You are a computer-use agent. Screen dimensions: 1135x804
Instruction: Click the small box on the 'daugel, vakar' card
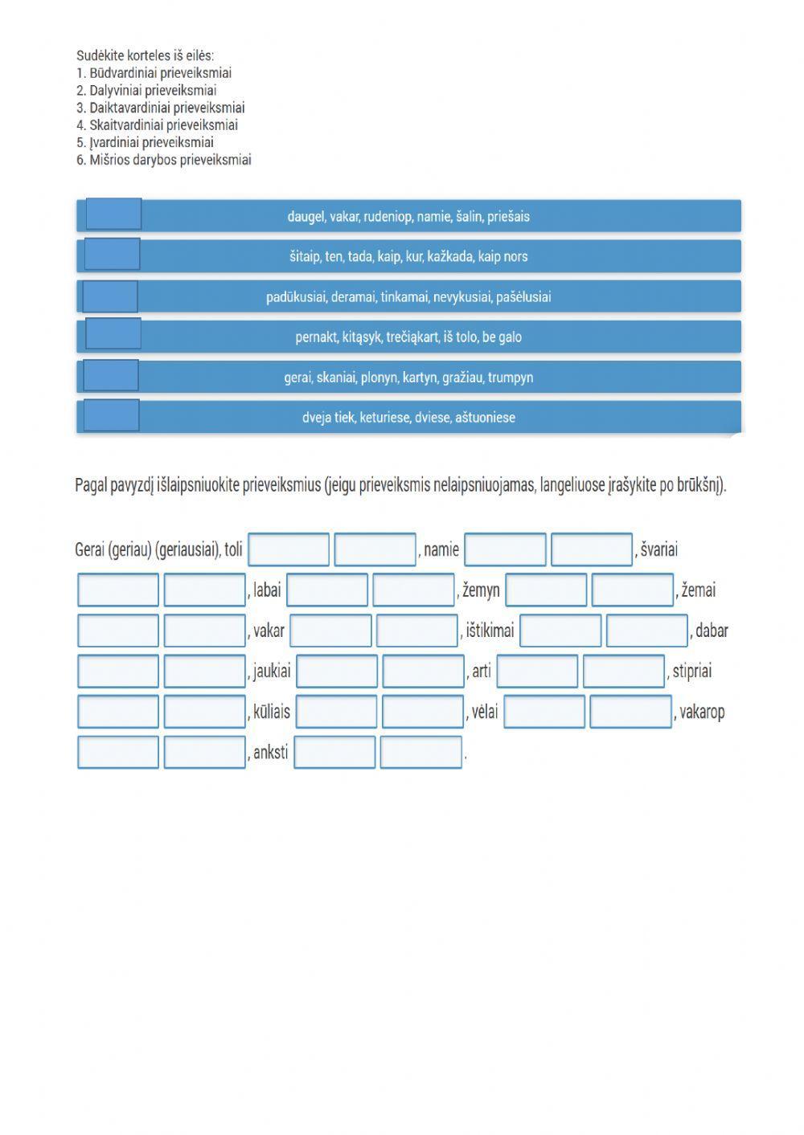point(113,214)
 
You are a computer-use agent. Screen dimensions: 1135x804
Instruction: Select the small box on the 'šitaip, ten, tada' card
point(112,254)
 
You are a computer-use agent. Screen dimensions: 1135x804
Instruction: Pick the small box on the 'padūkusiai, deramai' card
point(110,296)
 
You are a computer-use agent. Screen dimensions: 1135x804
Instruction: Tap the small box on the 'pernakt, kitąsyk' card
point(113,333)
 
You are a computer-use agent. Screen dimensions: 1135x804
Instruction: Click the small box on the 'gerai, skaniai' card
point(111,375)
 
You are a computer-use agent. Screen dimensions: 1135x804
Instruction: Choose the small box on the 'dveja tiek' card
point(111,415)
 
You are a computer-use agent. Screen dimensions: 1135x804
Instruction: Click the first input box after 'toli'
point(289,550)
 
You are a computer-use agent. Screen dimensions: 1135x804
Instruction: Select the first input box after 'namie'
point(505,550)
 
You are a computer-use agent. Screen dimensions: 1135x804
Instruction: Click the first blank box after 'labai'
point(327,590)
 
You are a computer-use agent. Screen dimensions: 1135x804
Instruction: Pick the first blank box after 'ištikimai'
point(560,631)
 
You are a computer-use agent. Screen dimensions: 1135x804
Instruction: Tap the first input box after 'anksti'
point(334,753)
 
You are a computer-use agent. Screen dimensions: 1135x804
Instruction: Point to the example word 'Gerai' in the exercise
point(89,550)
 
